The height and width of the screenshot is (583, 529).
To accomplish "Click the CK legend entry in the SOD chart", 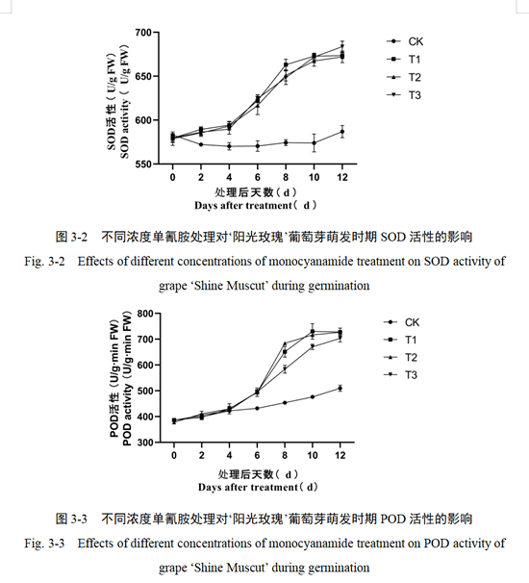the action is [x=405, y=41].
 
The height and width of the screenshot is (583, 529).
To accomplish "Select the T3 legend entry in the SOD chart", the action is [x=404, y=95].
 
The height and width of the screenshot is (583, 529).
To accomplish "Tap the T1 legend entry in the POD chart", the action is [x=400, y=340].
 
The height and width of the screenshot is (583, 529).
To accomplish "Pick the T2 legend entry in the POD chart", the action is [x=400, y=357].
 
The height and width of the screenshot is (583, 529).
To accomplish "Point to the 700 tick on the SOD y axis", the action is [x=143, y=33].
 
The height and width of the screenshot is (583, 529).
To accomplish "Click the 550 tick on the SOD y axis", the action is [x=143, y=164].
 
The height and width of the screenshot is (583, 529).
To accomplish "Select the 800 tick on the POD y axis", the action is [x=145, y=314].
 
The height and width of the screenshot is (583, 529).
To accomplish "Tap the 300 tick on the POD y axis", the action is [x=145, y=443].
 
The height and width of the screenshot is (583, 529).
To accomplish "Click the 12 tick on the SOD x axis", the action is [x=342, y=177].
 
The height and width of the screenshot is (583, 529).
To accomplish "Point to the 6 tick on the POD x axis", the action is [x=257, y=455].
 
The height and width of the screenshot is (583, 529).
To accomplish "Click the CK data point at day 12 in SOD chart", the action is [x=342, y=132].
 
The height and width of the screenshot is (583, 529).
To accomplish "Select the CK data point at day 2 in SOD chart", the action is [x=201, y=144].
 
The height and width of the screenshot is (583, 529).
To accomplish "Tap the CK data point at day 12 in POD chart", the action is [x=340, y=389].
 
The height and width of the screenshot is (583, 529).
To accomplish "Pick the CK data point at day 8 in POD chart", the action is [x=285, y=403].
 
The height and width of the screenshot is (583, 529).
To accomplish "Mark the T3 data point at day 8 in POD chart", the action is [x=285, y=368].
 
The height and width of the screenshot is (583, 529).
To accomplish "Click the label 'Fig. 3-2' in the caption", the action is [x=44, y=262].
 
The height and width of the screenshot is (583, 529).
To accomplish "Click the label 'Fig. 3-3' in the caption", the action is [x=44, y=544].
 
